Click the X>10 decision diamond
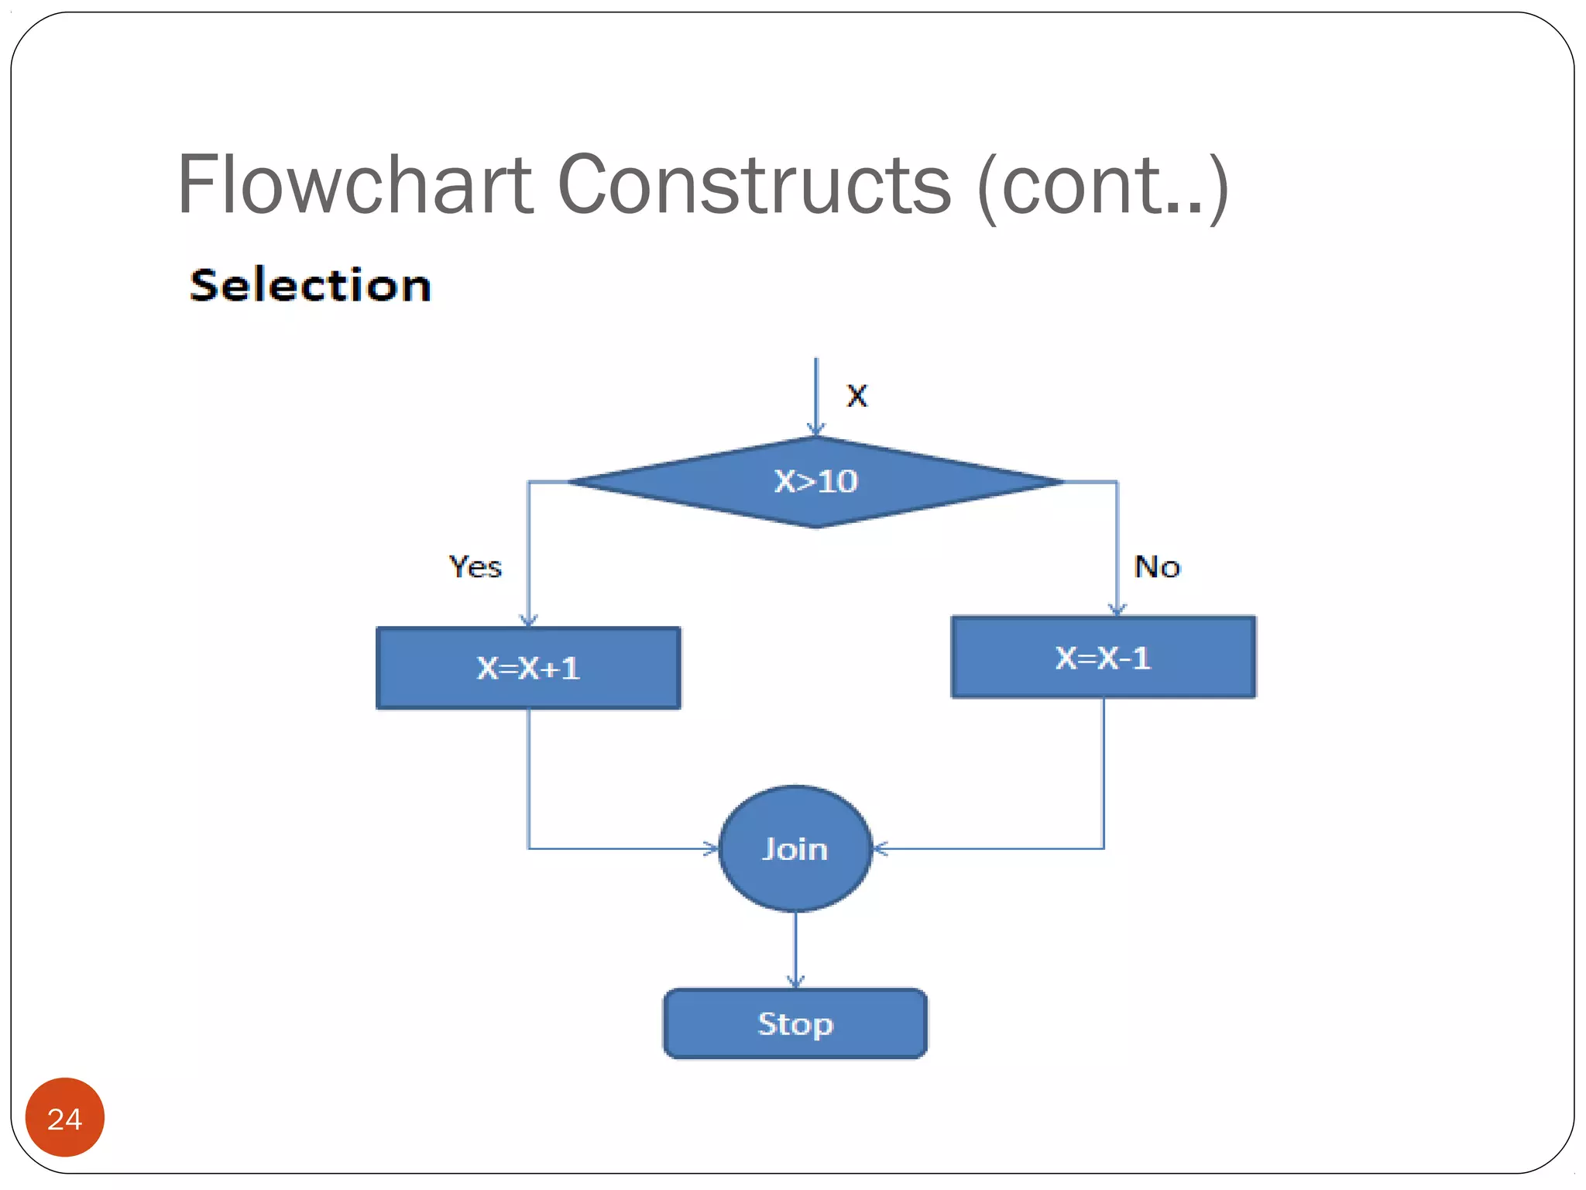pos(815,482)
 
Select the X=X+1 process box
pos(528,668)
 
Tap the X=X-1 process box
pos(1103,658)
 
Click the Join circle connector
pos(795,848)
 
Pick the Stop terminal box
pos(795,1023)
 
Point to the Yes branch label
pos(475,567)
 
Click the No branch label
pos(1157,567)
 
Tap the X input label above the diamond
pos(857,396)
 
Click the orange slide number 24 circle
pos(65,1117)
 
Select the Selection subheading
pos(311,285)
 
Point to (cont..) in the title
pos(1103,186)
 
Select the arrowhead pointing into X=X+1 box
pos(528,620)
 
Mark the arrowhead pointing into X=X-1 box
pos(1117,609)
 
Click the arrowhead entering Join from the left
pos(712,848)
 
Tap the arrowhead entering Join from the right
pos(881,848)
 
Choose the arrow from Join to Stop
pos(795,949)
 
